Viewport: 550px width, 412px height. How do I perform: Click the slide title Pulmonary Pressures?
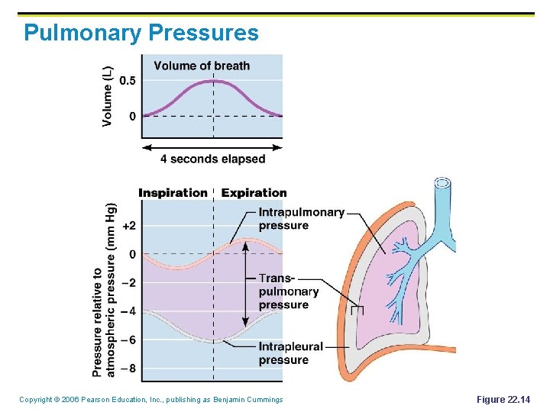(141, 33)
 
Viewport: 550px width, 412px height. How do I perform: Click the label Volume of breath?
(202, 66)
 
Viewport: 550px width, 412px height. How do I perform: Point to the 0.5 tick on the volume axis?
(128, 81)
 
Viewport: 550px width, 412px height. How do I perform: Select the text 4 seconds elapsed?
(212, 159)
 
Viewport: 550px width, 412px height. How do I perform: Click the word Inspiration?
(173, 192)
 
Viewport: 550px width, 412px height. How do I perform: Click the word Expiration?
(254, 192)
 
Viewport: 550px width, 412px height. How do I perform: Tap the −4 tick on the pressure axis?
(129, 311)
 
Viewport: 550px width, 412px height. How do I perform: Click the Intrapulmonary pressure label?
(301, 218)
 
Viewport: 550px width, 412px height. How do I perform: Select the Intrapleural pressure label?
(290, 353)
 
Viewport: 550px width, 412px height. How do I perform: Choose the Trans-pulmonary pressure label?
(288, 291)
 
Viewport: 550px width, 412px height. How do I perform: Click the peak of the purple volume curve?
(213, 81)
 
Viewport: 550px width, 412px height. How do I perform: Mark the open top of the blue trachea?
(442, 183)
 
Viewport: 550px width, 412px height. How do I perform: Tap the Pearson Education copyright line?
(150, 400)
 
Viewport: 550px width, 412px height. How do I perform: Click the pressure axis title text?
(104, 290)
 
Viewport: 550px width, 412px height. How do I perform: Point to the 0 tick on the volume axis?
(133, 116)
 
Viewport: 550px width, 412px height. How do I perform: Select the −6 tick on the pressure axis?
(129, 340)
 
